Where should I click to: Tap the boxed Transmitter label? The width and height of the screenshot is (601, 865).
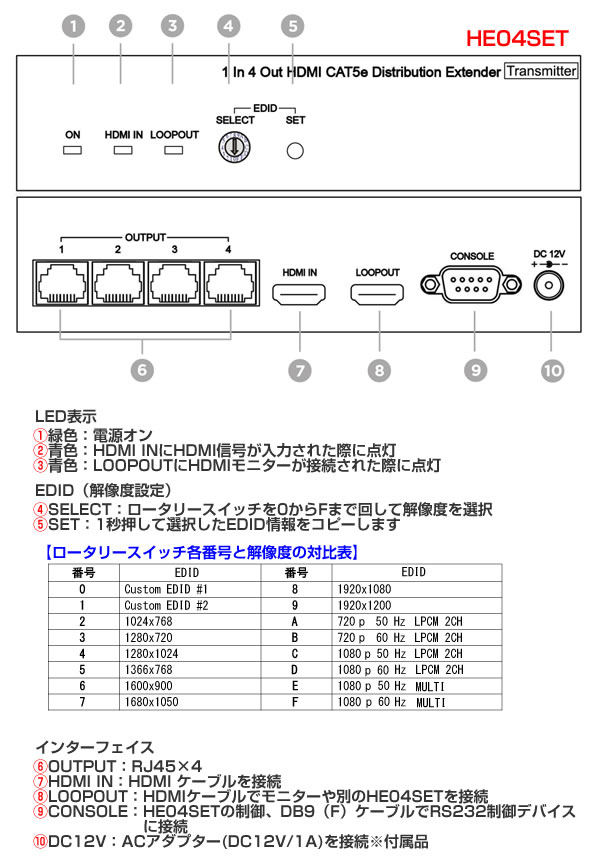(x=541, y=71)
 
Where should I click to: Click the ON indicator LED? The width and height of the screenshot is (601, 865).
(x=72, y=151)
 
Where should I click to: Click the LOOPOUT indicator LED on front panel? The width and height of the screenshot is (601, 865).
(x=174, y=151)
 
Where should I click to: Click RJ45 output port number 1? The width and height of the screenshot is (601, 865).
(x=61, y=285)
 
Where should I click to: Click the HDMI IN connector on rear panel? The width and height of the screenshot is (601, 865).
(x=300, y=295)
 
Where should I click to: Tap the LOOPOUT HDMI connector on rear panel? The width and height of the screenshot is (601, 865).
(x=377, y=295)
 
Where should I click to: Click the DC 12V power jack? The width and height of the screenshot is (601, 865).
(x=551, y=286)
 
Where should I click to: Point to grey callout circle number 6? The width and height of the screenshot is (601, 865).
(x=143, y=369)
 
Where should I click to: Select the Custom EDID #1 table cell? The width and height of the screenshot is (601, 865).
(x=166, y=589)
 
